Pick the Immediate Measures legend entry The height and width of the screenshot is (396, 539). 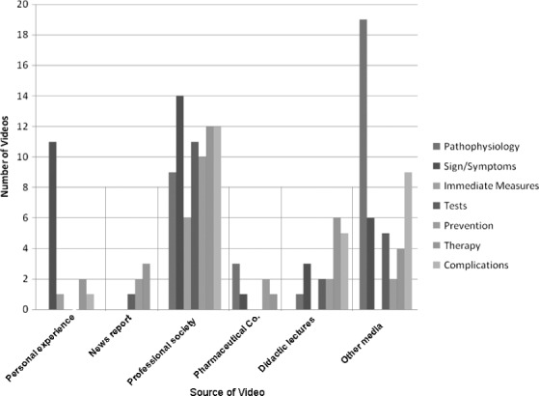coord(492,185)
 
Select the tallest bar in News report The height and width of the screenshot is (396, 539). coord(144,286)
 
